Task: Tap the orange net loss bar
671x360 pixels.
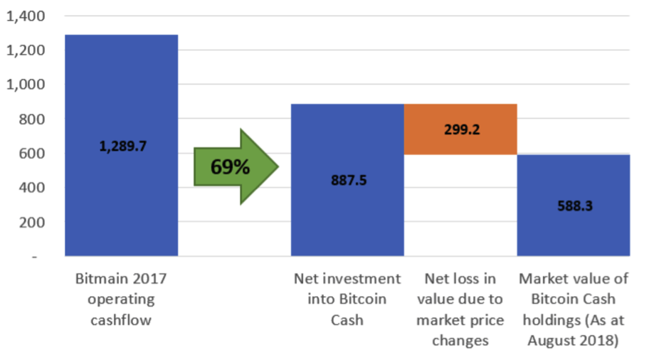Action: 460,129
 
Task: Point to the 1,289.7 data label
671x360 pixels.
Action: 121,147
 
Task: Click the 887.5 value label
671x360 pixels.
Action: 349,180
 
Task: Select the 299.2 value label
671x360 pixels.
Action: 460,131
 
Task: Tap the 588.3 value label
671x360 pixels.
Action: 574,206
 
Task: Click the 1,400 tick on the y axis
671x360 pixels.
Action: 25,16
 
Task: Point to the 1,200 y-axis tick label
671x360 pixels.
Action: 25,51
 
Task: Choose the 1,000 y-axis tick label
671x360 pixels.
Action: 25,85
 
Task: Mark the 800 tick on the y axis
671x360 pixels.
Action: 31,119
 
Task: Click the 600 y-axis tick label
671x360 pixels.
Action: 31,154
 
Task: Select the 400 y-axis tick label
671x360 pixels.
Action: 31,188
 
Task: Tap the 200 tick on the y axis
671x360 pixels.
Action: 31,223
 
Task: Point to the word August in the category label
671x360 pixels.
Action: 549,340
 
